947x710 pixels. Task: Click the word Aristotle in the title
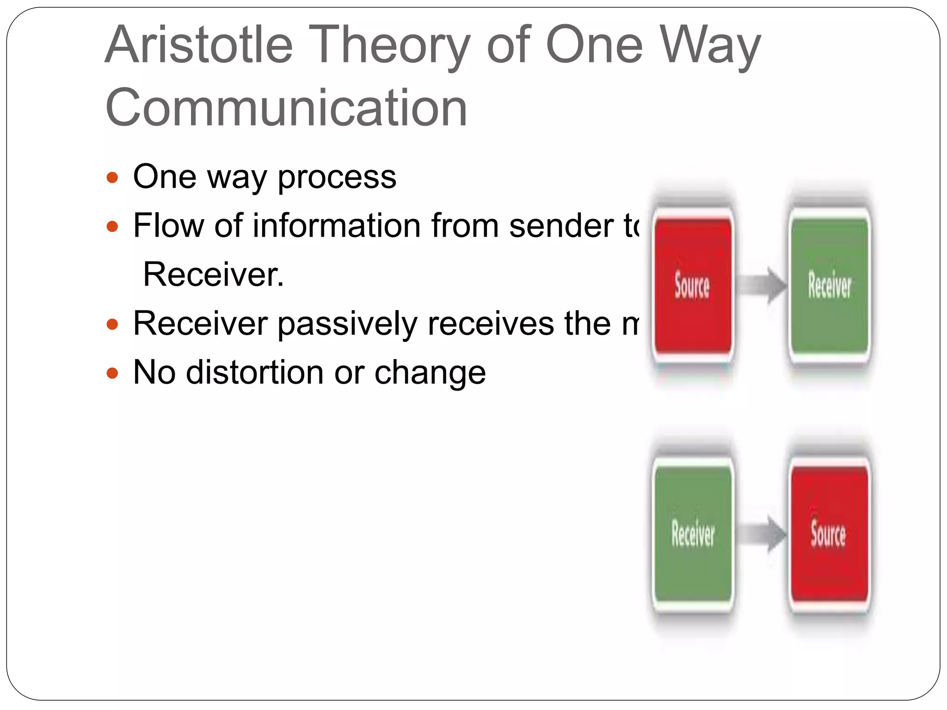click(199, 45)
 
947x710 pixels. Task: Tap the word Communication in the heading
click(286, 108)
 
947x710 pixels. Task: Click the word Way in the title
click(710, 45)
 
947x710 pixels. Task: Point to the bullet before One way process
click(112, 177)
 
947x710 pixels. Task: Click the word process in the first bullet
click(337, 177)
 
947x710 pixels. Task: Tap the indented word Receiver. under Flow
click(213, 275)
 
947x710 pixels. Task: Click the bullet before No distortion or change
click(112, 373)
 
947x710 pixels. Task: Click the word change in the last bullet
click(430, 373)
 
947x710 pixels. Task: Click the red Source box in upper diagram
click(692, 286)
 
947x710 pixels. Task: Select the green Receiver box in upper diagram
click(829, 286)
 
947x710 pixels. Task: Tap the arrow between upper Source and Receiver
click(761, 285)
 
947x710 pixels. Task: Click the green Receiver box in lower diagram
click(693, 534)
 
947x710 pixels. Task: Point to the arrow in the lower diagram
click(761, 534)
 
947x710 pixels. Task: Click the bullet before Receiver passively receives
click(112, 324)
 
